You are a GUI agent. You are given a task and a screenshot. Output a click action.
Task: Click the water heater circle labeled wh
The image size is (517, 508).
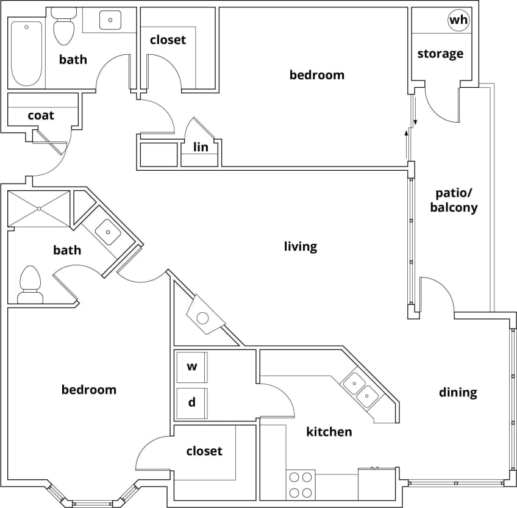point(458,21)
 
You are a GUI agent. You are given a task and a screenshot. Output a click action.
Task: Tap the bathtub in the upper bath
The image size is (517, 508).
point(27,54)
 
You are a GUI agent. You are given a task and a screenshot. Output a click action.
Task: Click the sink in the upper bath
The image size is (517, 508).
point(110,20)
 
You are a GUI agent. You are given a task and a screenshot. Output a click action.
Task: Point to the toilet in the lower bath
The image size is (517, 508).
point(30,285)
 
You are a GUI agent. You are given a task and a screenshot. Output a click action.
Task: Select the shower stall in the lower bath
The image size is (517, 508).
point(39,209)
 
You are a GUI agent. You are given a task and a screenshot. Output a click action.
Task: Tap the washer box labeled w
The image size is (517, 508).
point(191,367)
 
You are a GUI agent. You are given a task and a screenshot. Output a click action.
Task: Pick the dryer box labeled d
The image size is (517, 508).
point(191,402)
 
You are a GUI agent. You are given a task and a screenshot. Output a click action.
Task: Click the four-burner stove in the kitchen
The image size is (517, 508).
point(300,485)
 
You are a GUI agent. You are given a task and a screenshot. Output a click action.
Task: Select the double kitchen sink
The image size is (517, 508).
point(360,390)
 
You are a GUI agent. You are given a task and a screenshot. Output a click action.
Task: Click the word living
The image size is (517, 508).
point(301,246)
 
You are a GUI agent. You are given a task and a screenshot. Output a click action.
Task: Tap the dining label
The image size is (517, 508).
point(458,392)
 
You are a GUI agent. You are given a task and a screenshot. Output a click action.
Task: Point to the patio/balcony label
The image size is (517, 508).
point(454,200)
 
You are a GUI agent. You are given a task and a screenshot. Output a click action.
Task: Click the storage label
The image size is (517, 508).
point(440,54)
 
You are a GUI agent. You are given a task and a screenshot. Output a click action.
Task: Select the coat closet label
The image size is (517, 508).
point(41,115)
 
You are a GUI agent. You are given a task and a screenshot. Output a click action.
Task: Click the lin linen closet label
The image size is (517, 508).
point(201,147)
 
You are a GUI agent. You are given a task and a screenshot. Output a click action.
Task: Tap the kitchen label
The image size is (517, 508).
point(329,432)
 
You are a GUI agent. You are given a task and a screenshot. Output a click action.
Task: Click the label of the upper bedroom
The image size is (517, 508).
point(316,75)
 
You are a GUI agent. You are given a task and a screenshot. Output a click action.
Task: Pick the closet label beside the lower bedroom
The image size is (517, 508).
point(204,451)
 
